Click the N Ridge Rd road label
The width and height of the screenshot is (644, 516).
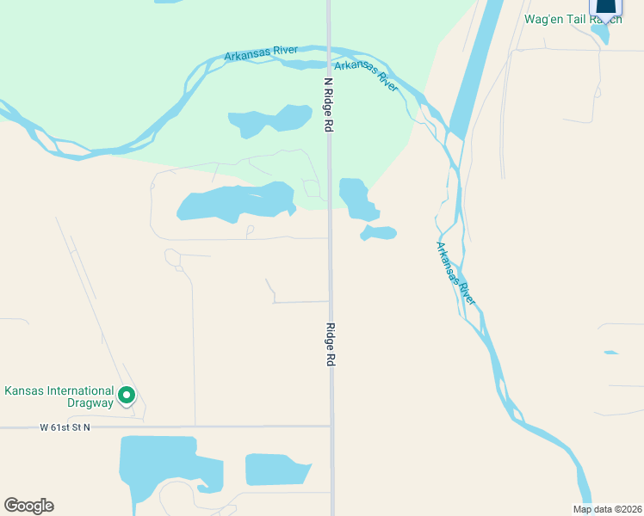pos(328,105)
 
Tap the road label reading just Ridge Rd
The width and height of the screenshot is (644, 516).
pos(330,345)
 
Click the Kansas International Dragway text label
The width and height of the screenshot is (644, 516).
pos(59,396)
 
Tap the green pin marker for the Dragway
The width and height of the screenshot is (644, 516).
pos(127,396)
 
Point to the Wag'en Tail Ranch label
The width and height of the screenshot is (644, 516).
pos(573,19)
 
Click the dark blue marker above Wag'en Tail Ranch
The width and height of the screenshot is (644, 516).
pos(606,7)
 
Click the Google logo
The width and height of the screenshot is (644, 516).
pos(28,506)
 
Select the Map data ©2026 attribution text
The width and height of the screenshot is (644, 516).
pos(606,509)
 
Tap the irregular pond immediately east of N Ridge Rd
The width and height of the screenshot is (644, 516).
pos(356,198)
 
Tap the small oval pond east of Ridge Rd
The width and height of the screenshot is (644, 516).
pos(379,232)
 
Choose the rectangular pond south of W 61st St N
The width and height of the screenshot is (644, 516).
pos(278,470)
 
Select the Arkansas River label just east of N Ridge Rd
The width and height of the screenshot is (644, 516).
pos(366,76)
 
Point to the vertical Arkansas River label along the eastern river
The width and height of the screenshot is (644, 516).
pos(455,273)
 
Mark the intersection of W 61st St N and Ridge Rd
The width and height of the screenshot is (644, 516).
pos(331,426)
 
